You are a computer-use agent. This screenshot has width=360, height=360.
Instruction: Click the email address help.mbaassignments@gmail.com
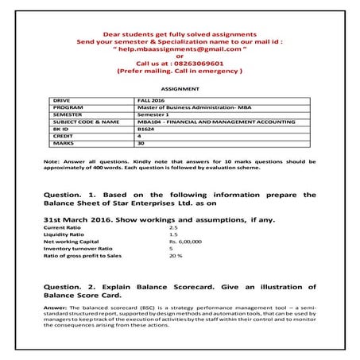tap(180, 48)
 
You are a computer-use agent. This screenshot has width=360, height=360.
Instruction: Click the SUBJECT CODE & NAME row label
tap(85, 122)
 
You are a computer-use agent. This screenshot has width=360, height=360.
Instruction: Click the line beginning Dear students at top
tap(180, 34)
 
